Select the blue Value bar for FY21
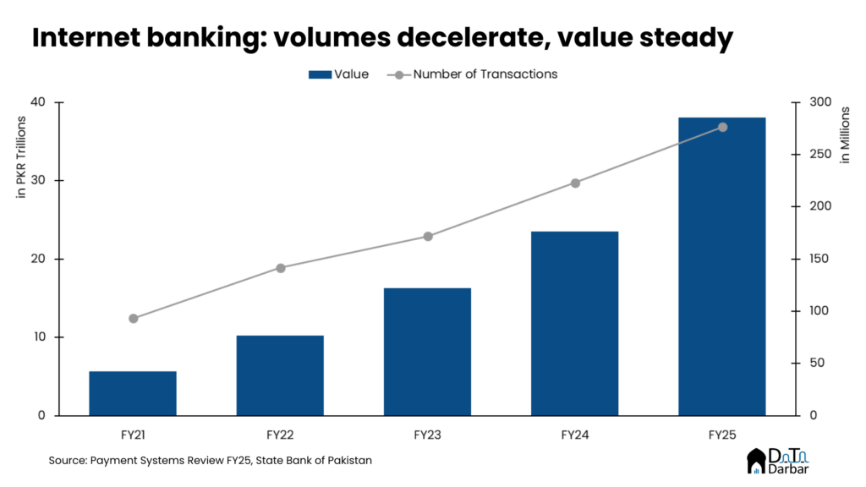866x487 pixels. [133, 393]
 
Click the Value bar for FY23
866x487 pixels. [427, 352]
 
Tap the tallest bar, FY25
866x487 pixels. [722, 266]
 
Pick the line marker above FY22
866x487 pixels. [281, 268]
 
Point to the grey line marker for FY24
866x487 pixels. [575, 183]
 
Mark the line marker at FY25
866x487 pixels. [722, 127]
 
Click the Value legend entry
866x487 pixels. [338, 74]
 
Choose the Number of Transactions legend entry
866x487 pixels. [473, 74]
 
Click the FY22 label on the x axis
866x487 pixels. [280, 435]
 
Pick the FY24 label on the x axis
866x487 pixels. [575, 435]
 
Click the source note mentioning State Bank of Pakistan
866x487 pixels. [210, 461]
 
